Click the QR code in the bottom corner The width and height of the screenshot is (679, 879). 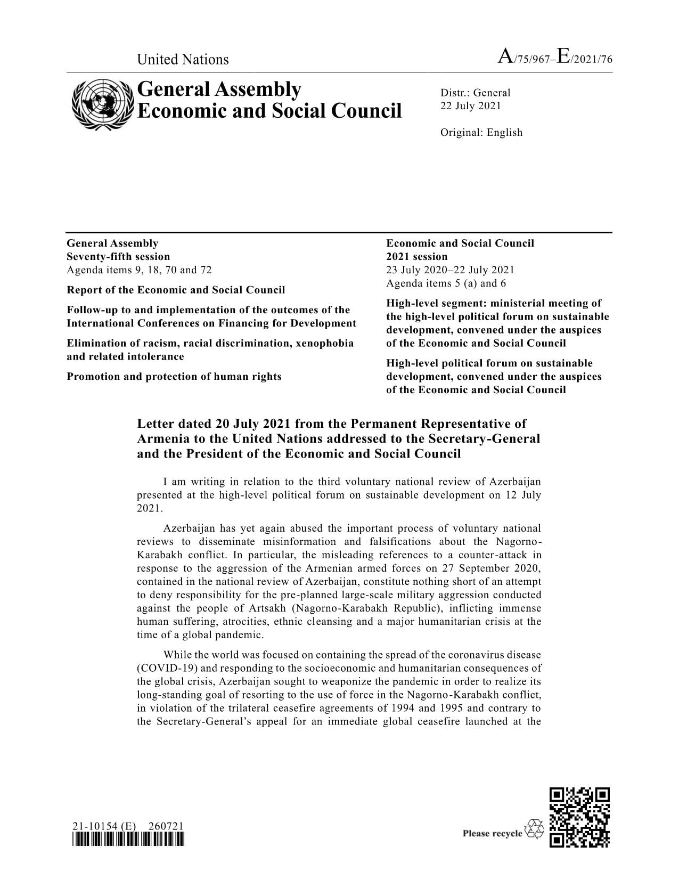[x=579, y=817]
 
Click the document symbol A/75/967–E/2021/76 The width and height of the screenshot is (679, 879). [x=554, y=58]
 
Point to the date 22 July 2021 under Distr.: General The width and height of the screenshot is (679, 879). [x=470, y=105]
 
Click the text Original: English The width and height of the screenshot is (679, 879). [x=481, y=133]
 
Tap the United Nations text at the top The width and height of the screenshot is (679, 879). [x=183, y=59]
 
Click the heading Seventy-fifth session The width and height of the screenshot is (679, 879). [x=118, y=257]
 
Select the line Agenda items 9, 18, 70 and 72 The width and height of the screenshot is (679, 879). [x=139, y=270]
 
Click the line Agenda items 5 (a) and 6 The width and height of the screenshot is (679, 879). [x=446, y=283]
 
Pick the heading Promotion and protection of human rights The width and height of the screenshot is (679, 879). [x=174, y=377]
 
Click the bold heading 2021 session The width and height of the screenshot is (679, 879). [x=417, y=257]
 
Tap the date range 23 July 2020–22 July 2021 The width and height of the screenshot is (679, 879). [x=450, y=270]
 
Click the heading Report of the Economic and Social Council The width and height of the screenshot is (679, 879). [x=176, y=290]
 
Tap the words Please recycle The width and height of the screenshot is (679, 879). [x=493, y=833]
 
